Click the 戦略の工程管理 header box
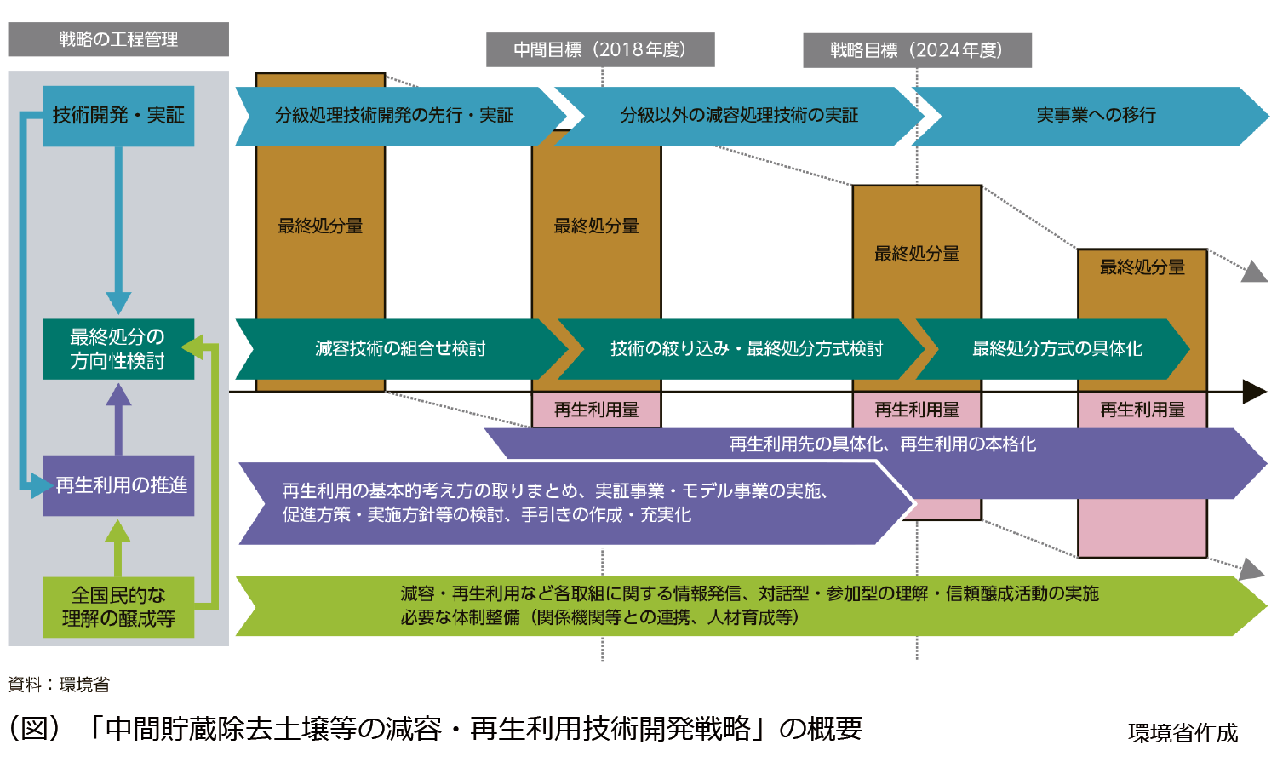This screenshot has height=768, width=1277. (x=118, y=39)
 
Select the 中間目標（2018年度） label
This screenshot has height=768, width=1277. (x=600, y=50)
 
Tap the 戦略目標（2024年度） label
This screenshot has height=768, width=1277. (x=917, y=50)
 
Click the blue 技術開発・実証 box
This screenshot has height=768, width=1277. (x=118, y=116)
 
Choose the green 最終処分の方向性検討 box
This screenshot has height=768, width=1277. (x=118, y=349)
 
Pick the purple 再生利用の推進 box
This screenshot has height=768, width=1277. (x=118, y=485)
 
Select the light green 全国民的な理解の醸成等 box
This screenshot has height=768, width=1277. (x=118, y=607)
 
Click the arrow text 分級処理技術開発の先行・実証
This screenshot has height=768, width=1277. (x=393, y=116)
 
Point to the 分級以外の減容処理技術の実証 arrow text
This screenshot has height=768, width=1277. (x=739, y=116)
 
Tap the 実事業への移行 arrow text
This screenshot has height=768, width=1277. (x=1096, y=116)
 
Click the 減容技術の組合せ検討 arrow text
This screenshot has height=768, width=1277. (x=400, y=349)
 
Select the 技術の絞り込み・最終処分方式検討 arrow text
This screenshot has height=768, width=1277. (x=746, y=349)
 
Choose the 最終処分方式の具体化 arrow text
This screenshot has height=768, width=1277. (x=1057, y=349)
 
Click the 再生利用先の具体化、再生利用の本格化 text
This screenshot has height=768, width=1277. (x=883, y=444)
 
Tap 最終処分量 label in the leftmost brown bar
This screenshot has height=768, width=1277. (x=320, y=226)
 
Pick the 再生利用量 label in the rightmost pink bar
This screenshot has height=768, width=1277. (x=1142, y=410)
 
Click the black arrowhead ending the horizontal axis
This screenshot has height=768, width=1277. (x=1255, y=392)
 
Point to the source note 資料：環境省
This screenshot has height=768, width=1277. (x=59, y=685)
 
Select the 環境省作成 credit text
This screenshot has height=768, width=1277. (x=1183, y=733)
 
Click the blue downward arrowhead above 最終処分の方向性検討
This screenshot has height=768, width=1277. (x=118, y=302)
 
